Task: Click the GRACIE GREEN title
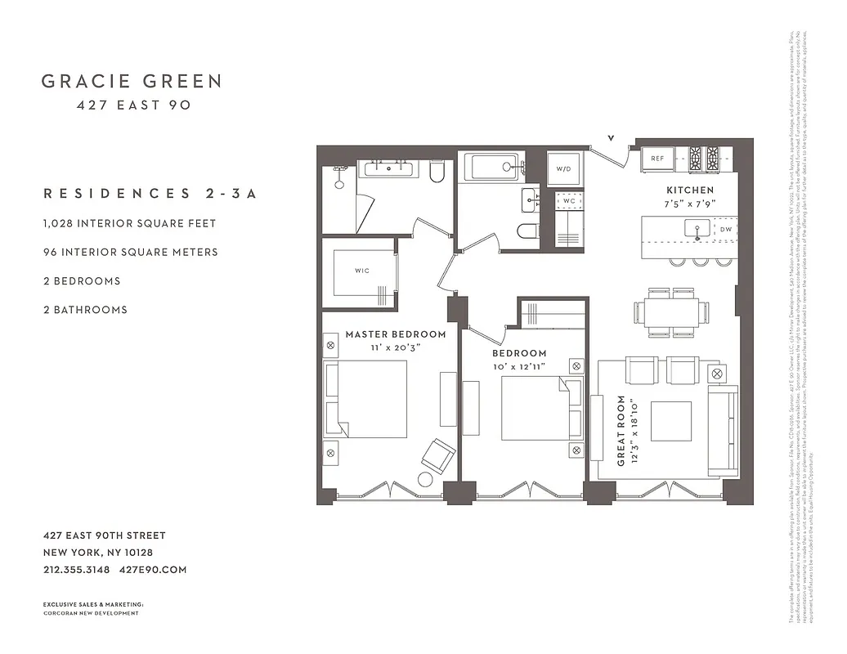pos(132,81)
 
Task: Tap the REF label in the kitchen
pos(657,159)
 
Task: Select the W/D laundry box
pos(564,168)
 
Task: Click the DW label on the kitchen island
pos(726,231)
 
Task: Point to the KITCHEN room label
pos(690,190)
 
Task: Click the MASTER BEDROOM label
pos(396,334)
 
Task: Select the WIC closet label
pos(362,270)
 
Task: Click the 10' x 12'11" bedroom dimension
pos(519,366)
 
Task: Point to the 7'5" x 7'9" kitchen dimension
pos(690,204)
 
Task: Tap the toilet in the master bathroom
pos(437,171)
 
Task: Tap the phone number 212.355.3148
pos(76,570)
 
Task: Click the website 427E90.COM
pos(153,570)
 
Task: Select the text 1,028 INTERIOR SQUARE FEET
pos(130,222)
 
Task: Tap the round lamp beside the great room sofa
pos(719,373)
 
